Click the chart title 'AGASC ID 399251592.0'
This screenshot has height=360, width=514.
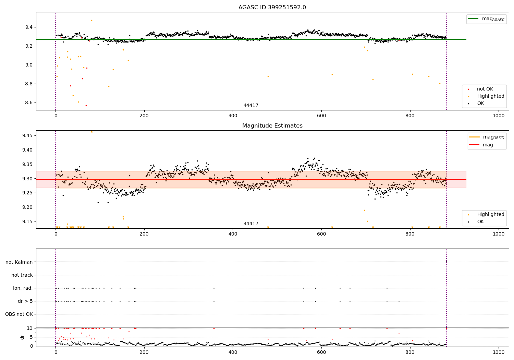pos(272,8)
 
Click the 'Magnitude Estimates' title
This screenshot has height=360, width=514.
pos(272,126)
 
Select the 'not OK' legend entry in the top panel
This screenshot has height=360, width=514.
pos(485,89)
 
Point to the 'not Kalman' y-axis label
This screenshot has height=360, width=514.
pos(19,262)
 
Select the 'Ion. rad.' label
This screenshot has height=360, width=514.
pos(23,288)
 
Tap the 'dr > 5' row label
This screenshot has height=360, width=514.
pos(25,301)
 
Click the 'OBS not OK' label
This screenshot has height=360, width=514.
pos(19,314)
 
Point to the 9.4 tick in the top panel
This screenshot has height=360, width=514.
pos(28,27)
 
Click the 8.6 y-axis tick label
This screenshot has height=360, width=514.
pos(28,103)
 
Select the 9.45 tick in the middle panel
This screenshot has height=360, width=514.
pos(27,135)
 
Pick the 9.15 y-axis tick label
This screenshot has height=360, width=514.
pos(27,221)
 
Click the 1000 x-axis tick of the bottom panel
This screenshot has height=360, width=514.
pos(498,352)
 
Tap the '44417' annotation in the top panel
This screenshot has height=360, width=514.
pos(251,106)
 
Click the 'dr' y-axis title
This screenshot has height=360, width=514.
pos(22,337)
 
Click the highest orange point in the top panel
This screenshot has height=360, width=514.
pos(91,20)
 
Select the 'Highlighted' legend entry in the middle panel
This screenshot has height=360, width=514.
pos(490,214)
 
